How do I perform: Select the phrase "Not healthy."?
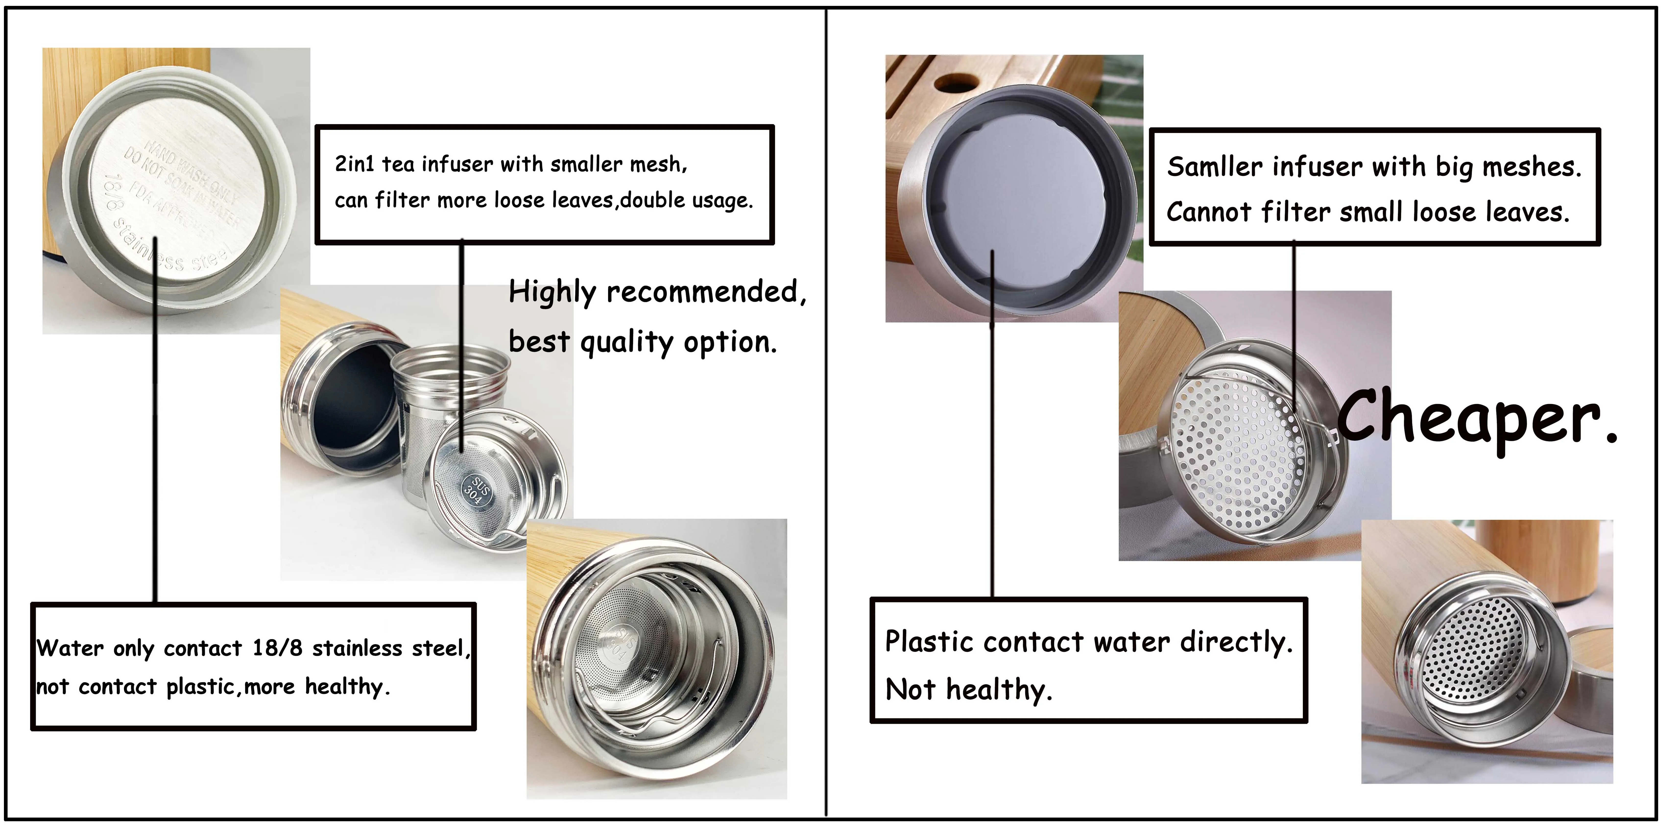(x=968, y=690)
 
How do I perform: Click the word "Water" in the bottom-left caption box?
(x=69, y=648)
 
